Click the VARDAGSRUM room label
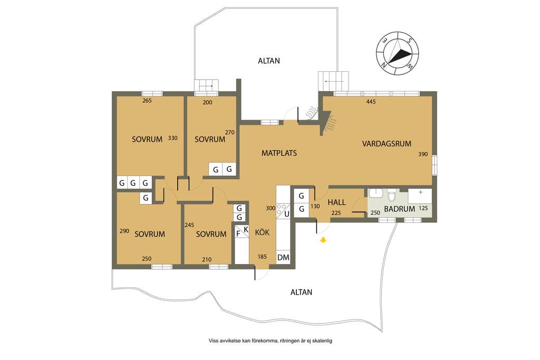[x=387, y=143]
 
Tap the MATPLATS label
[x=279, y=153]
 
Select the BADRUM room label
[x=400, y=209]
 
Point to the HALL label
[x=336, y=202]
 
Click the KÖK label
[x=262, y=232]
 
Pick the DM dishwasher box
[x=283, y=257]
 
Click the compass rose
[x=398, y=53]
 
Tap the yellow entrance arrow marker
[x=323, y=240]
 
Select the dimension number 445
[x=371, y=102]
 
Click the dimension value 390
[x=423, y=154]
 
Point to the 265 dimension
[x=147, y=101]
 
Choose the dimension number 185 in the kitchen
[x=262, y=256]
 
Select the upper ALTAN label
[x=269, y=61]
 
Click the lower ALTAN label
[x=301, y=292]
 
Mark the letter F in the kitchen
[x=238, y=233]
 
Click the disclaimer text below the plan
[x=271, y=341]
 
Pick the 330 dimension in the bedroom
[x=172, y=138]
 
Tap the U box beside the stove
[x=286, y=214]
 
